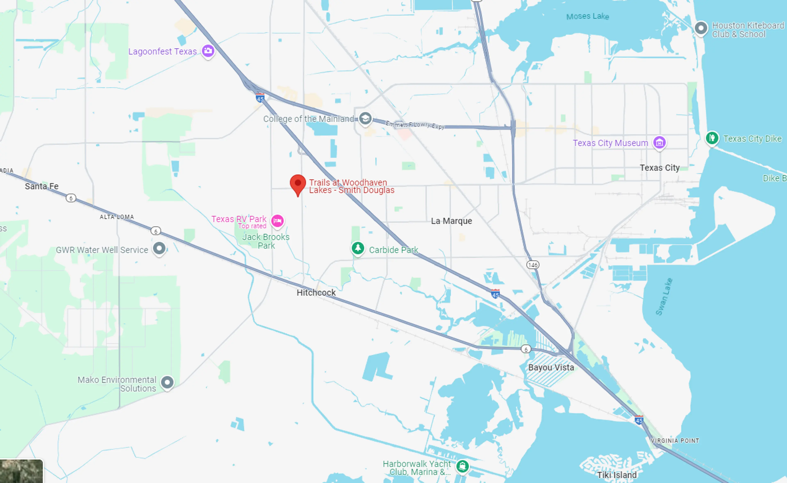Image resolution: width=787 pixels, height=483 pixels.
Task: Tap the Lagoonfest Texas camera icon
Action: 208,51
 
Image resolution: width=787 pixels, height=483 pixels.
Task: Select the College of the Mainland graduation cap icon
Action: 365,118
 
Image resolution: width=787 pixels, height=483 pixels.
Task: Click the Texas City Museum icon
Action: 659,142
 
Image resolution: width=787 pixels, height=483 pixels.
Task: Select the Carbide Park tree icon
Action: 358,248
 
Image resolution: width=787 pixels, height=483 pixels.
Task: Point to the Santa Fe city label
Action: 42,186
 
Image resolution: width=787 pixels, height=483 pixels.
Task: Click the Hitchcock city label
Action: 316,293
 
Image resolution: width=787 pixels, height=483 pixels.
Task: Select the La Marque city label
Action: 451,221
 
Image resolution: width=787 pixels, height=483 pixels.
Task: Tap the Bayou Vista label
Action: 551,367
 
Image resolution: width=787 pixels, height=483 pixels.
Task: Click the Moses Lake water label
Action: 587,16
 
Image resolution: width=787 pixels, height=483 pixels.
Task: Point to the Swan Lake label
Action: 664,297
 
